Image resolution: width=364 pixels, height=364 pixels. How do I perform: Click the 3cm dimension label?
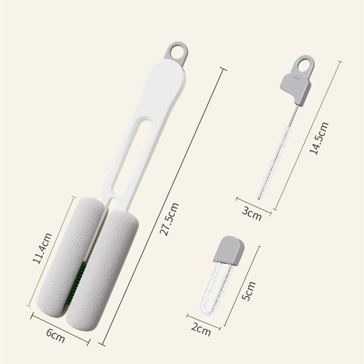point(251,213)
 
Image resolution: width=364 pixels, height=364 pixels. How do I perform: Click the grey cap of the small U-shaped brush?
point(227,250)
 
